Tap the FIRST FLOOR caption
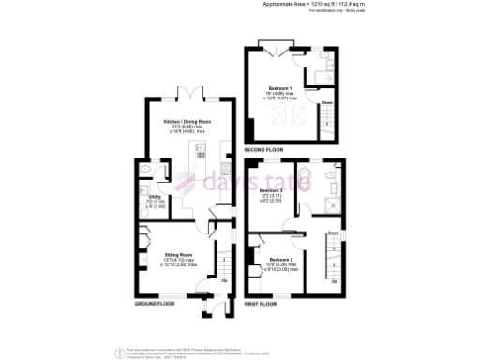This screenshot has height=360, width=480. click(x=265, y=304)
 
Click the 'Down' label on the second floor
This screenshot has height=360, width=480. click(x=327, y=102)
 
